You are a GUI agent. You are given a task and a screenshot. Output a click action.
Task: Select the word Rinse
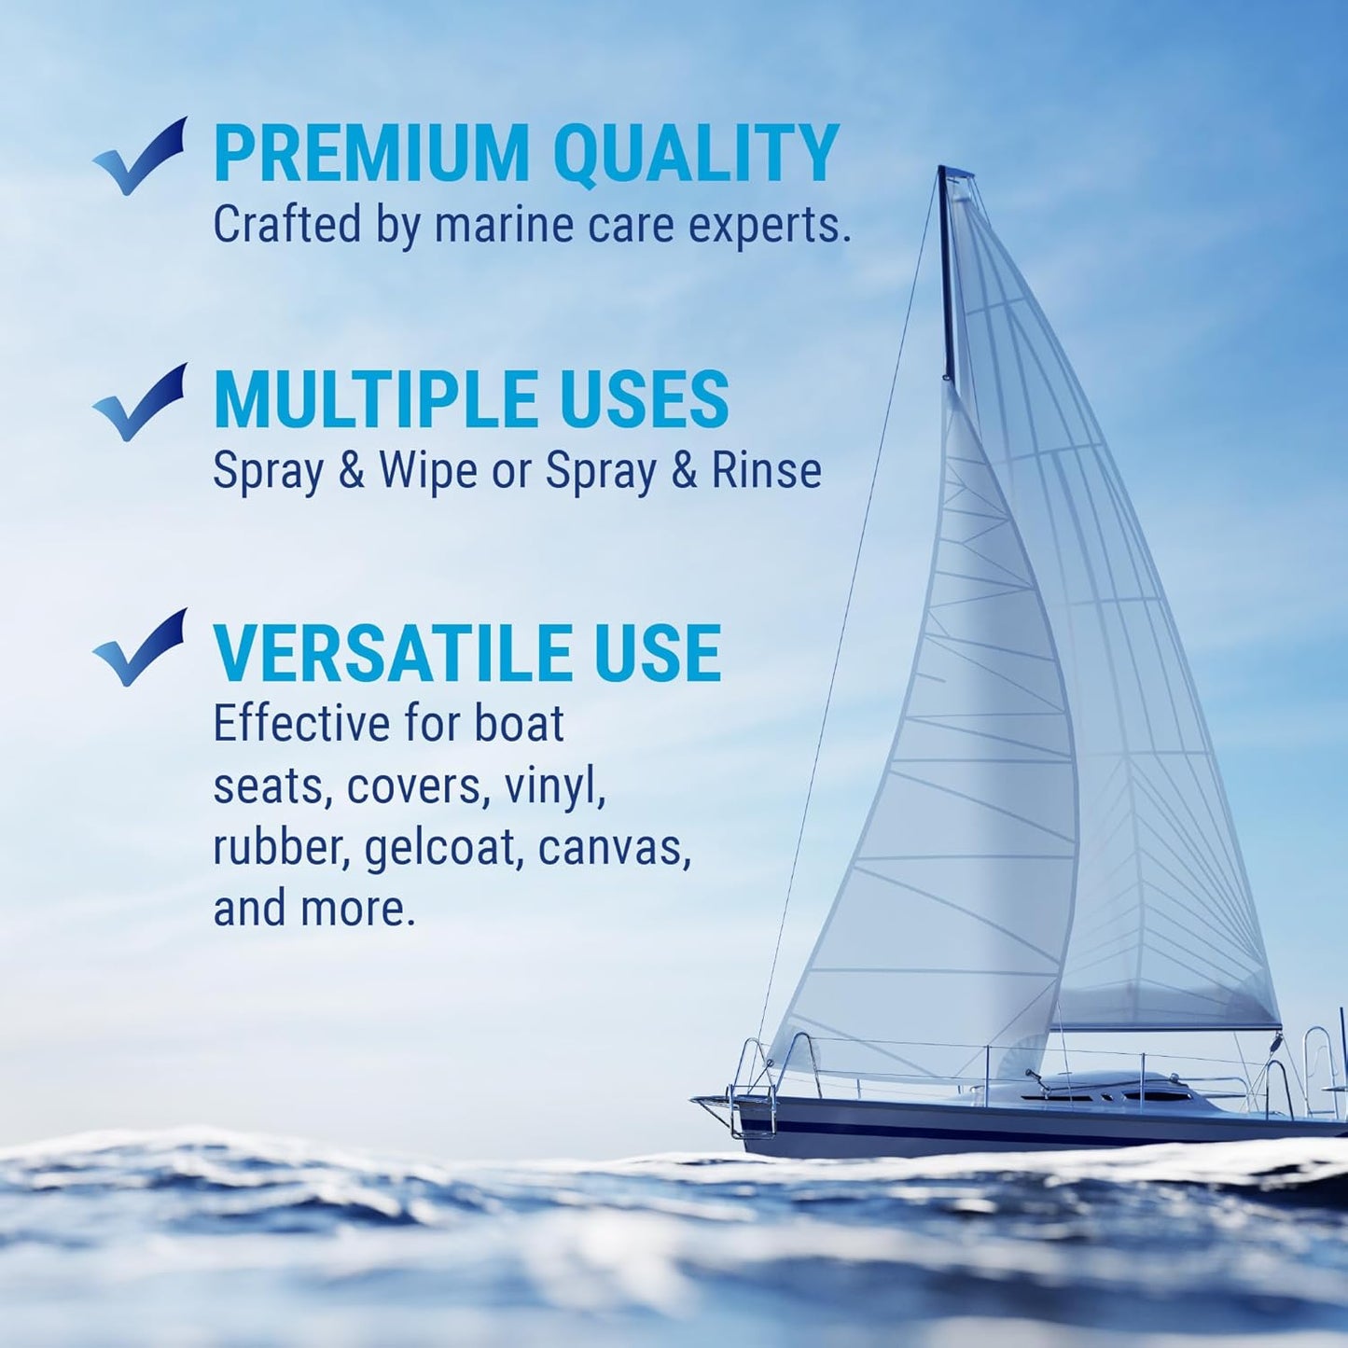coord(766,470)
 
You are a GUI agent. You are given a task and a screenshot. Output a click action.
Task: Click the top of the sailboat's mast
coord(953,174)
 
